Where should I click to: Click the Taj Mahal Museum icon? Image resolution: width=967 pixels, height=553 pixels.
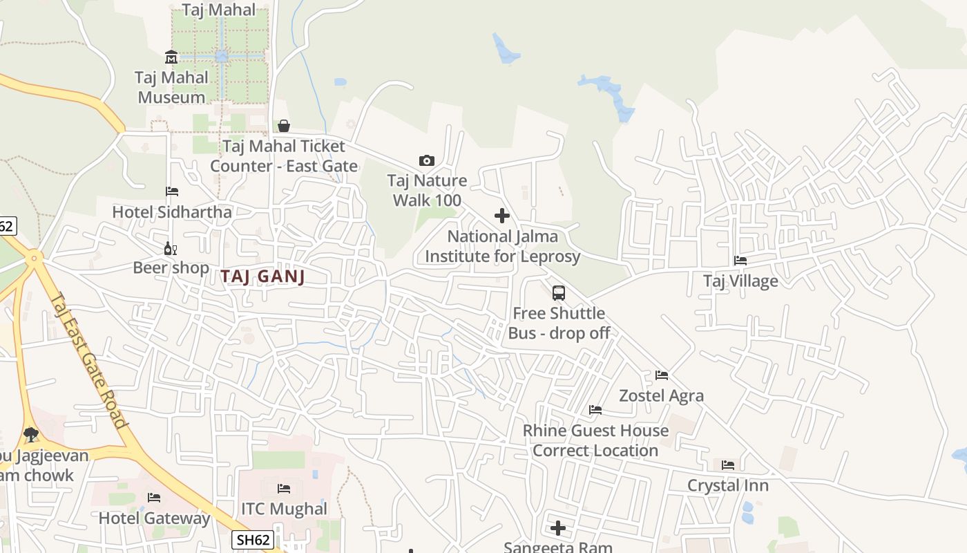(x=171, y=57)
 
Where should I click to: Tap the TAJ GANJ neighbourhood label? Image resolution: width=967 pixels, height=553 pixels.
(x=262, y=276)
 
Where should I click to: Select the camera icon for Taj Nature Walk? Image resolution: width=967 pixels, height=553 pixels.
(x=427, y=161)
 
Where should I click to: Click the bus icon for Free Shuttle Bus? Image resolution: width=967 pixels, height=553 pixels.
(x=559, y=292)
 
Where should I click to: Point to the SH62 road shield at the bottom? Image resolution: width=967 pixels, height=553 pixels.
(x=252, y=540)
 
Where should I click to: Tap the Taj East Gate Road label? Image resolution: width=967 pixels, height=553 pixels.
(x=90, y=359)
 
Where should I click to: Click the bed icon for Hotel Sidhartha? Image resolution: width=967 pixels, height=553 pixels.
(x=172, y=191)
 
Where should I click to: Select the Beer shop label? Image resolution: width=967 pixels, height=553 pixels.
(x=171, y=268)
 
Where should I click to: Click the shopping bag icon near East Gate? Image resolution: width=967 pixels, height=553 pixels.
(x=283, y=126)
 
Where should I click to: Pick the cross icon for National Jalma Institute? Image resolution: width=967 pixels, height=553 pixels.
(x=502, y=216)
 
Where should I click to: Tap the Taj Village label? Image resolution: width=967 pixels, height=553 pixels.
(x=740, y=281)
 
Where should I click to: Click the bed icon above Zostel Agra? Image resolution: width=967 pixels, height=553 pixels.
(x=662, y=375)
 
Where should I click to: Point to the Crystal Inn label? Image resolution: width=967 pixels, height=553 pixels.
(x=727, y=485)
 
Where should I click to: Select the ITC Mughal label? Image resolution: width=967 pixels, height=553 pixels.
(x=284, y=509)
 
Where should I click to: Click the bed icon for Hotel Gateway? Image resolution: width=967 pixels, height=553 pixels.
(x=154, y=498)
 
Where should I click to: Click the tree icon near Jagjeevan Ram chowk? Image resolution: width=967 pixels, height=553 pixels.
(x=30, y=435)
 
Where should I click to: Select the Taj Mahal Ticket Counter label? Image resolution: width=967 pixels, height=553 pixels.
(x=284, y=156)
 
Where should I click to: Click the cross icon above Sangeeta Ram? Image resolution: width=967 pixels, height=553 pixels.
(x=558, y=528)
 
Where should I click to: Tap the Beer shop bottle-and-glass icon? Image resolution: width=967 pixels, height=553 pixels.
(x=170, y=248)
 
